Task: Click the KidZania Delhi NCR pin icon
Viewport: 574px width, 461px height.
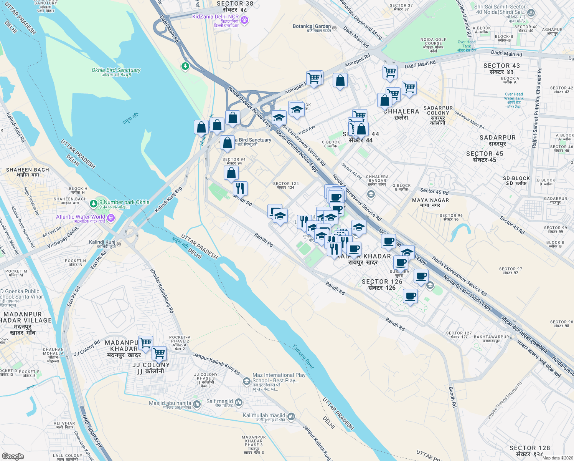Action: coord(244,20)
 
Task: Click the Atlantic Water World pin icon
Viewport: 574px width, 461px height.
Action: coord(111,218)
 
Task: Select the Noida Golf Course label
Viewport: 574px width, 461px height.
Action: coord(433,43)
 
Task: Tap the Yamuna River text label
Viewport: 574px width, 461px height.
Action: coord(303,356)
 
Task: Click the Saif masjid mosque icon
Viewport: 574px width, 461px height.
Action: coord(239,402)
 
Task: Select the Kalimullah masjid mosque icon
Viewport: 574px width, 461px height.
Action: coord(291,416)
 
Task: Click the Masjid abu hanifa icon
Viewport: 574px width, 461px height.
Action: coord(197,404)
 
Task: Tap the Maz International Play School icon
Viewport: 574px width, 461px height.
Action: coord(247,381)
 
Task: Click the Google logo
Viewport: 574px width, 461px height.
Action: coord(13,456)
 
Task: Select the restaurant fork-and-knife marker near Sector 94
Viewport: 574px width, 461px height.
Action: coord(240,188)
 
